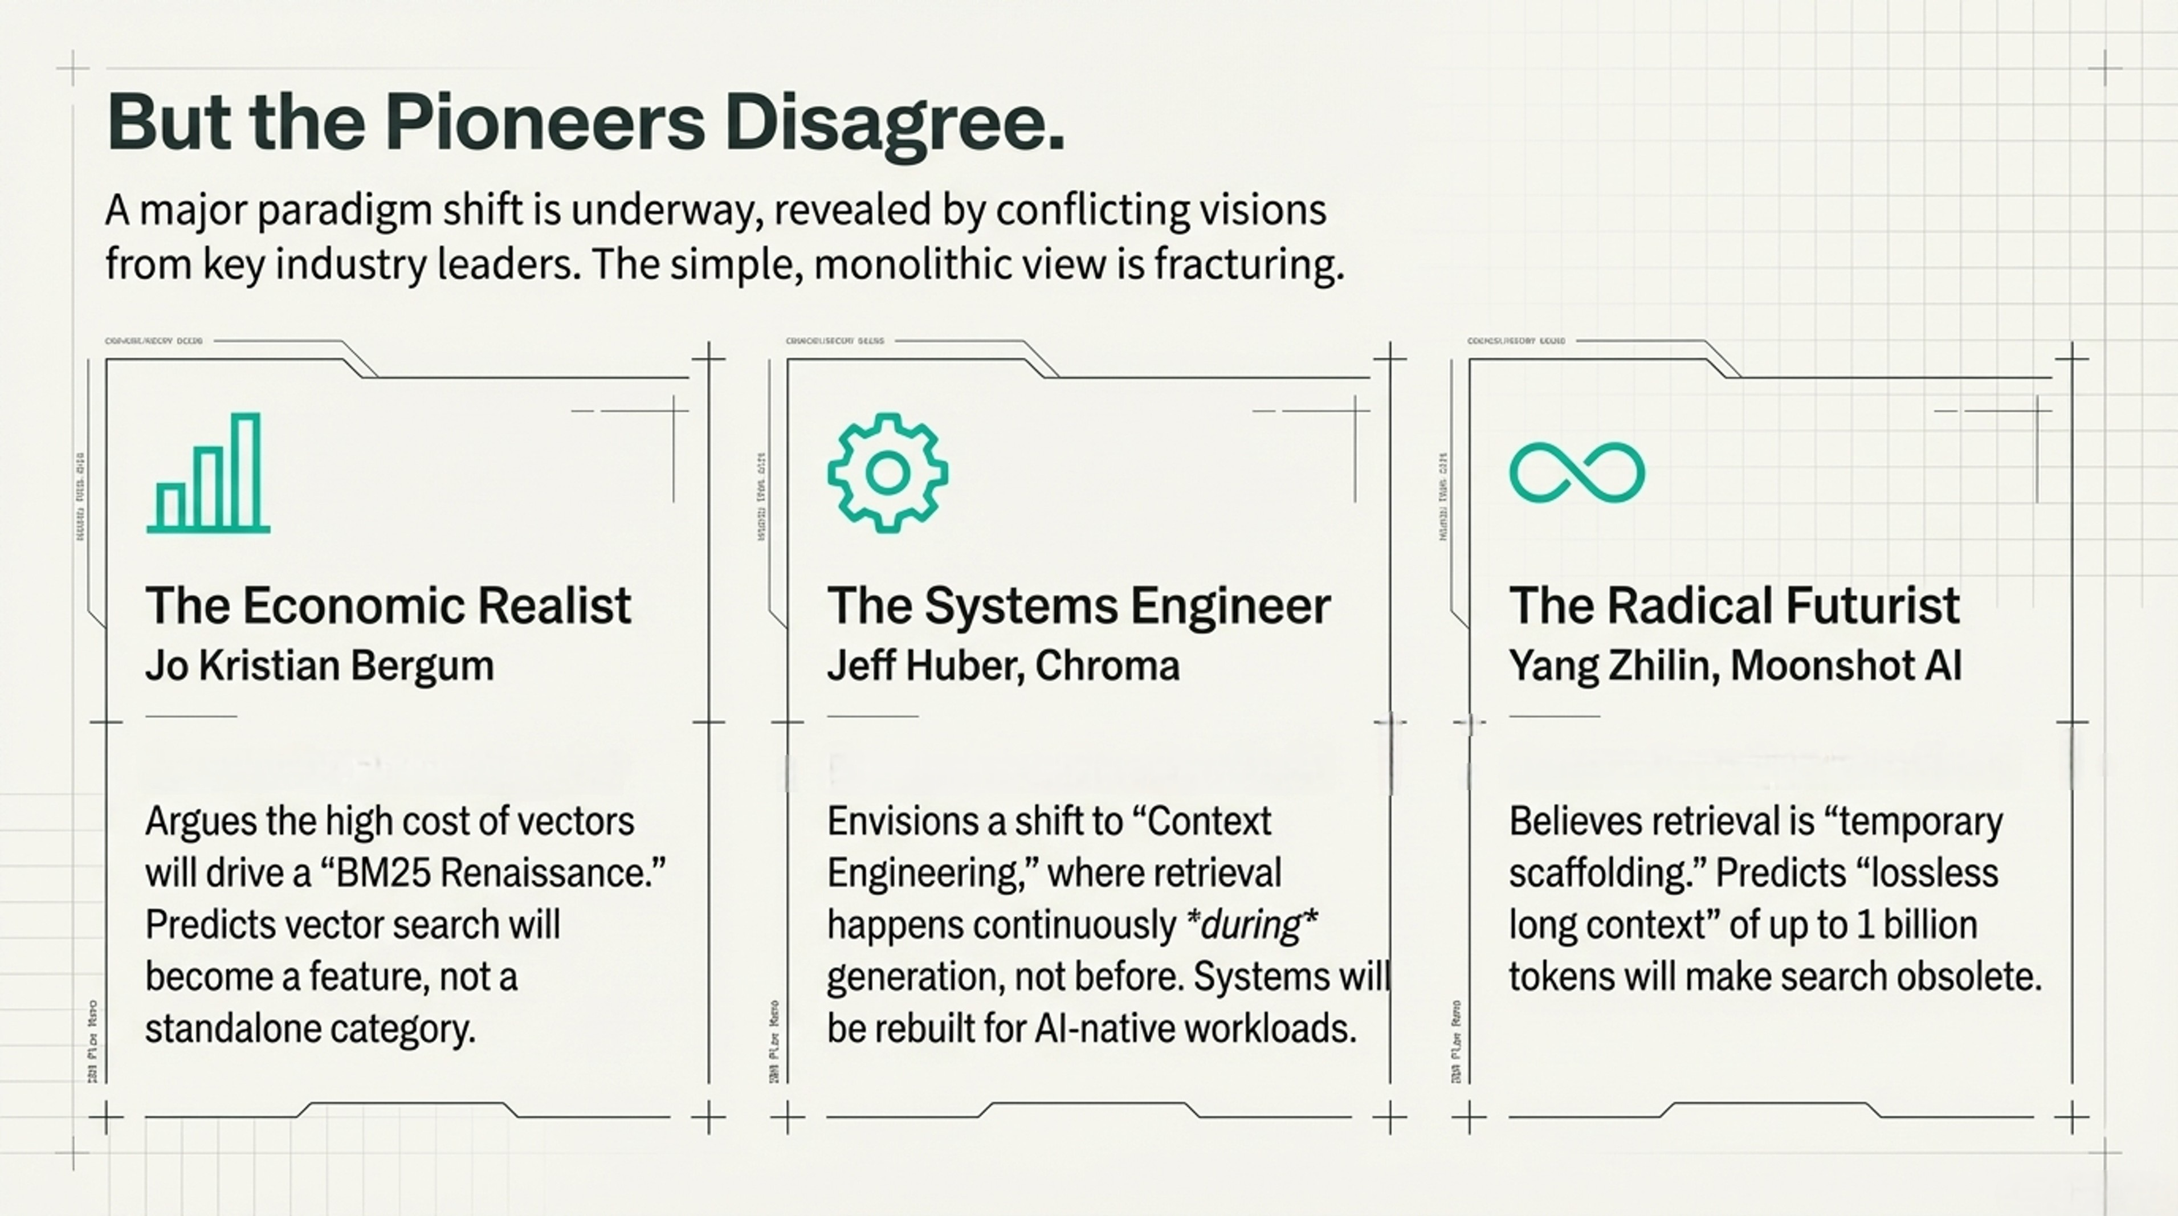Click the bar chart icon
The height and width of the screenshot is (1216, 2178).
(208, 473)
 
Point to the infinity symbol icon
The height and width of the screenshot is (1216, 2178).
(1577, 473)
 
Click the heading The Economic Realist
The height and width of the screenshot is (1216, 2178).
(388, 606)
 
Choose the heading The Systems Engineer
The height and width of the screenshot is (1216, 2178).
(1078, 606)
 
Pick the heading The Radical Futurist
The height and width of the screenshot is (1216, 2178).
(1734, 606)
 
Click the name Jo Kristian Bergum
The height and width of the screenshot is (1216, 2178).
(320, 666)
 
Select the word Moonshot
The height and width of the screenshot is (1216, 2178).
(1820, 666)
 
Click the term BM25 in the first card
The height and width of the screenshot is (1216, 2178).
(383, 872)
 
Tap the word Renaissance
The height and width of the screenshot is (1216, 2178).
(553, 872)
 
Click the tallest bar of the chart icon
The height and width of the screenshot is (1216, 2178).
(245, 471)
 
